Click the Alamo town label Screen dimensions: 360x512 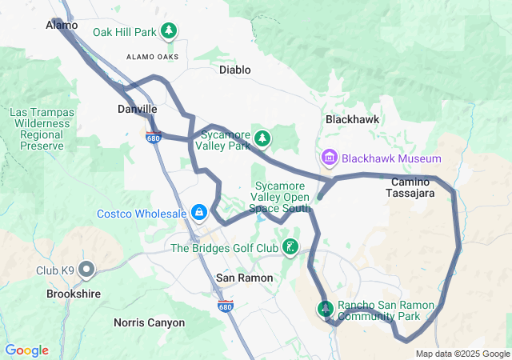point(62,26)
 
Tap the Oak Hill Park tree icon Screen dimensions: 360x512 point(169,32)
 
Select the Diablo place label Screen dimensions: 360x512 point(235,70)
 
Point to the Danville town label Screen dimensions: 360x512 point(137,109)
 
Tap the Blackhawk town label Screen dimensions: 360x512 point(352,119)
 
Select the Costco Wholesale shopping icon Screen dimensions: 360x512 point(198,214)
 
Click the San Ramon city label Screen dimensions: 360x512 point(245,278)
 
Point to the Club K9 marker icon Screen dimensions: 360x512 point(87,270)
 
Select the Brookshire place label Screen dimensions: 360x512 point(74,294)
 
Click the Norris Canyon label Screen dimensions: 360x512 point(149,323)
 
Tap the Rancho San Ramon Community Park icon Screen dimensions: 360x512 point(326,307)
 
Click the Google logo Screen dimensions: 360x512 point(26,350)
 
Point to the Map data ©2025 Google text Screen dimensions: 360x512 point(462,354)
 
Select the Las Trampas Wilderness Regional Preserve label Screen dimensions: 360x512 point(42,130)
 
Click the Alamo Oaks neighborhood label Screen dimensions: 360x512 point(152,56)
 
